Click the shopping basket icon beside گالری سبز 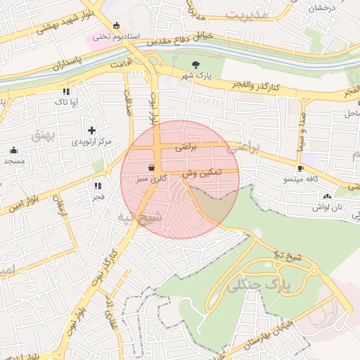[x=152, y=167]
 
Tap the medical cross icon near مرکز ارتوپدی [x=91, y=130]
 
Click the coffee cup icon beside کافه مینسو [x=300, y=168]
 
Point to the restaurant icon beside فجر [x=97, y=186]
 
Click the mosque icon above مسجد [x=13, y=150]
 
